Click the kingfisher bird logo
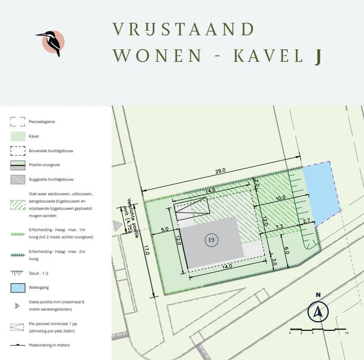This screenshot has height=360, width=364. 52,42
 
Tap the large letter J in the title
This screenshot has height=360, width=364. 317,57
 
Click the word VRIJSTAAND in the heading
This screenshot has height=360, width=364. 183,29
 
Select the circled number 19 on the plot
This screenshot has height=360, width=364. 211,240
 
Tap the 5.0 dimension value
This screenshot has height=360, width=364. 164,229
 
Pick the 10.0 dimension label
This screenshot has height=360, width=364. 281,198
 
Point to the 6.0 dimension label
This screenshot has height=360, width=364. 286,249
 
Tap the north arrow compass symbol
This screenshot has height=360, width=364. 318,312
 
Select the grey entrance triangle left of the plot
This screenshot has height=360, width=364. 117,225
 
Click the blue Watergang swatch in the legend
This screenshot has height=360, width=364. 18,287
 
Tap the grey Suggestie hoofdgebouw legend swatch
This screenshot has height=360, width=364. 18,179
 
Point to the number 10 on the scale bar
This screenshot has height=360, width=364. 346,333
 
